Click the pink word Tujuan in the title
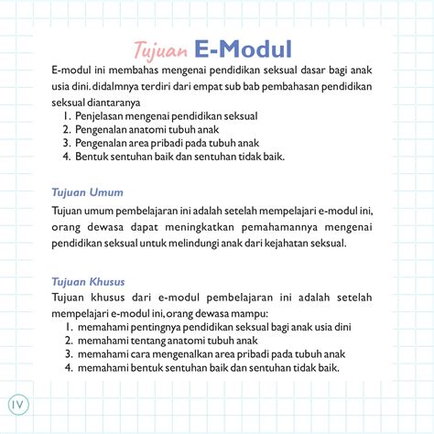pos(160,48)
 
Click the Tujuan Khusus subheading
pos(88,281)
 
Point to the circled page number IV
pos(18,405)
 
